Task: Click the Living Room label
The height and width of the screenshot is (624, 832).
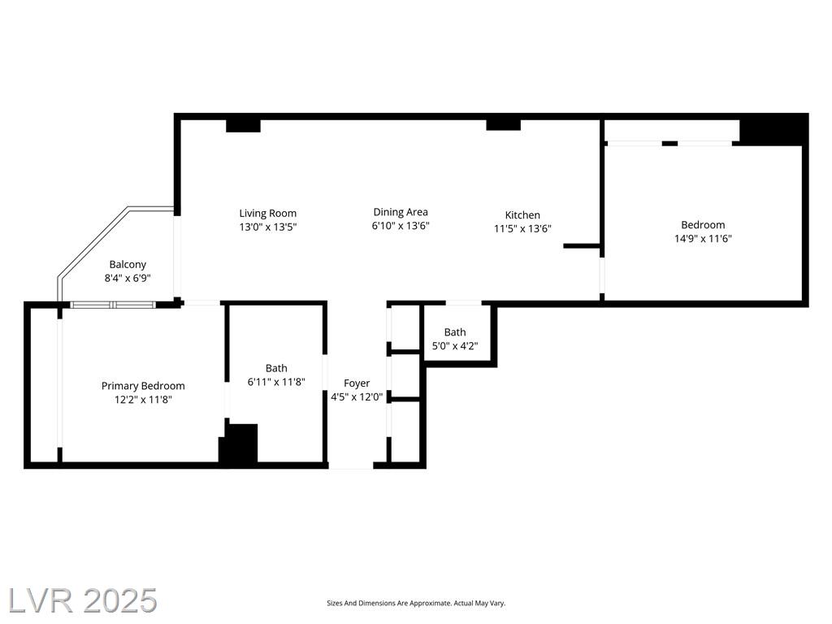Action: (x=267, y=214)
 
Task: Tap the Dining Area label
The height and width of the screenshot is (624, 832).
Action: (x=400, y=212)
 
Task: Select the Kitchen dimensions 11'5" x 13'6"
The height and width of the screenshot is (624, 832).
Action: (x=522, y=228)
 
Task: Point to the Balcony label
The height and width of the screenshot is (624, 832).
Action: (x=128, y=264)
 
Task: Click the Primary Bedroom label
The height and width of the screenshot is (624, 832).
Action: (x=143, y=386)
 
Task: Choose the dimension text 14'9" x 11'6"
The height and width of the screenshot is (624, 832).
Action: (x=703, y=239)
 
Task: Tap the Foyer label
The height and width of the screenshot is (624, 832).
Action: (x=357, y=383)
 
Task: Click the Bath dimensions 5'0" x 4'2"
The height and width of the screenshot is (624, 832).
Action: (x=455, y=346)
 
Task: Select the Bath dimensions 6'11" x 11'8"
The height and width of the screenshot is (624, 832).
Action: (x=276, y=382)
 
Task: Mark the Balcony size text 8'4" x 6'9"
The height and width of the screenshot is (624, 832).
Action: (x=128, y=278)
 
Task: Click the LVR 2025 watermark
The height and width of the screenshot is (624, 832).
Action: (x=83, y=601)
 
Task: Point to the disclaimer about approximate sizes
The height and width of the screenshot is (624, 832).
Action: (x=416, y=604)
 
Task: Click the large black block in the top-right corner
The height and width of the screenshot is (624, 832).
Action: (x=774, y=129)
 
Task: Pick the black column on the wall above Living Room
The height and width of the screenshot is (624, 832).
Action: (x=243, y=126)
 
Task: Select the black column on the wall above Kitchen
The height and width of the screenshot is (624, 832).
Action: (x=504, y=124)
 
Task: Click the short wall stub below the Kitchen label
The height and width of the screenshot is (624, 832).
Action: (x=582, y=245)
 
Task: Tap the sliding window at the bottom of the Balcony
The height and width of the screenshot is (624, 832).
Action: (x=113, y=305)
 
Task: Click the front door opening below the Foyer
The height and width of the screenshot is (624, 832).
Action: (x=351, y=466)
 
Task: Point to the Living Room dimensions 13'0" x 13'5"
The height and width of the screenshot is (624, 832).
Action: (x=267, y=227)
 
